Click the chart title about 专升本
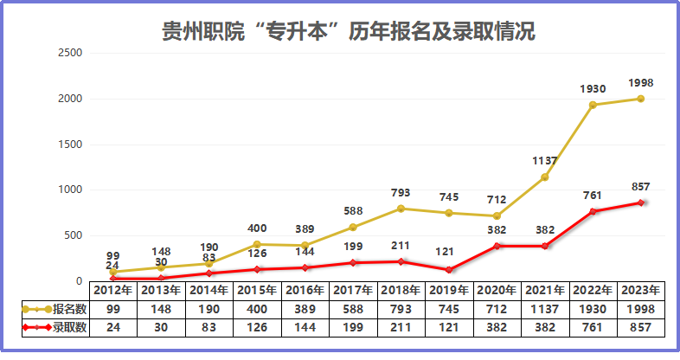tap(349, 32)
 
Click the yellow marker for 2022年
tap(593, 105)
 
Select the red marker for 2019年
tap(448, 270)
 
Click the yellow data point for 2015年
tap(257, 244)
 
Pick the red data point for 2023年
tap(641, 202)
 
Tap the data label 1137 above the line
tap(544, 160)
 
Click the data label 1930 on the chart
tap(593, 88)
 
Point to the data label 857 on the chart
tap(641, 186)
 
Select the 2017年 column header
tap(353, 290)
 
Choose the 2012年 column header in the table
tap(112, 290)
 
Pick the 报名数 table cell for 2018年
tap(401, 309)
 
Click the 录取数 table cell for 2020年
tap(497, 327)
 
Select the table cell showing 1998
tap(641, 309)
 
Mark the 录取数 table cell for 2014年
tap(208, 327)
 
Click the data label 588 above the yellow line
tap(353, 210)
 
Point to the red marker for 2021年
tap(544, 246)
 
